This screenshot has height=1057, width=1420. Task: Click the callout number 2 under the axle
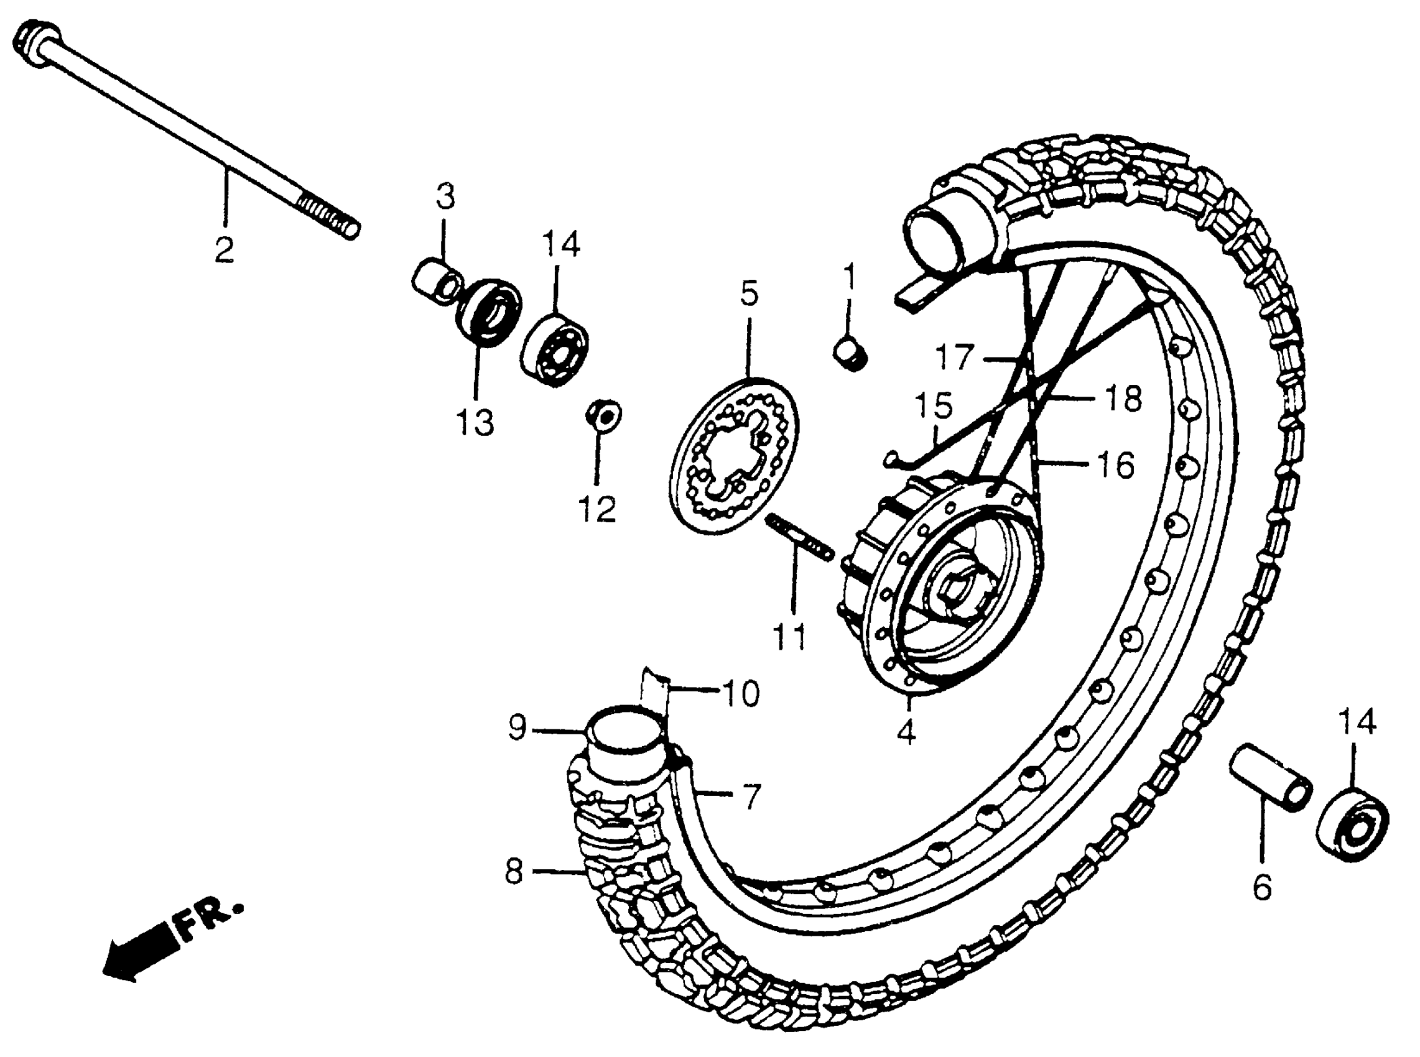223,249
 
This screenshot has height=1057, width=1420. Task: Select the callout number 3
445,196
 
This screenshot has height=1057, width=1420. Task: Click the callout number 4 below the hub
906,732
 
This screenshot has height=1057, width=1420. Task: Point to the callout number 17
955,357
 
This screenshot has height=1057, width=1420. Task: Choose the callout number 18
1124,398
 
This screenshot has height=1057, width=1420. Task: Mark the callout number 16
1116,464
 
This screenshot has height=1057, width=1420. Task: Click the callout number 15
934,405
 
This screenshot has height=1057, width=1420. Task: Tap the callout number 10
740,693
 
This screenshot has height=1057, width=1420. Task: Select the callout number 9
517,727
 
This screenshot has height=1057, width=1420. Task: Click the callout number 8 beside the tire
514,872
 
